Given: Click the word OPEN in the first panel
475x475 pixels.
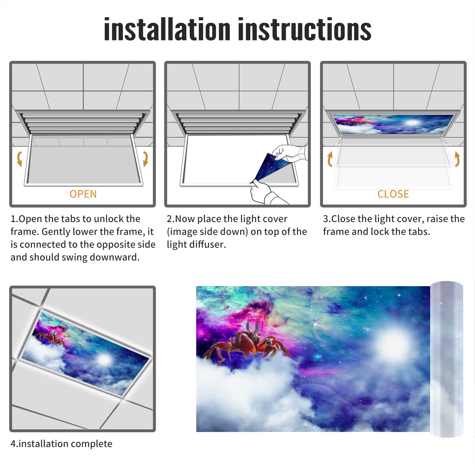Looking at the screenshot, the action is (x=83, y=194).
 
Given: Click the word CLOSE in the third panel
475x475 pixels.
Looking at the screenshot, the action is (x=393, y=194).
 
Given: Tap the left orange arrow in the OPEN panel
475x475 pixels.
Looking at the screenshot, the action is (x=19, y=159).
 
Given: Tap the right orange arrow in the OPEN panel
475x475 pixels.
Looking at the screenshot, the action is (x=145, y=159).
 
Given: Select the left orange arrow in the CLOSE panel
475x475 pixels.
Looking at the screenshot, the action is (x=330, y=159).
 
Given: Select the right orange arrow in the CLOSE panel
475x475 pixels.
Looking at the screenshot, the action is (x=457, y=159).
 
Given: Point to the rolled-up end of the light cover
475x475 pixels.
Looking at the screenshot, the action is (x=446, y=359).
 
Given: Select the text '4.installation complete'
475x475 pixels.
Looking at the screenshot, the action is (x=61, y=444).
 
